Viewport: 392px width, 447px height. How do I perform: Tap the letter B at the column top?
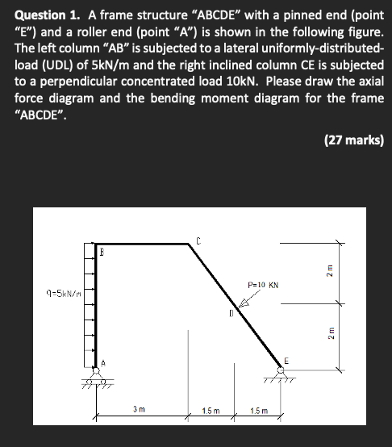[x=102, y=252]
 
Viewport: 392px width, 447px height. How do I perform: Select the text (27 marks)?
[x=353, y=140]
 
